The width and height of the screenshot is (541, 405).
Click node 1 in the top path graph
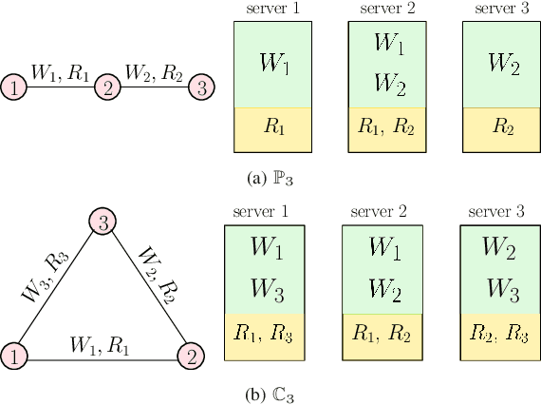click(x=15, y=89)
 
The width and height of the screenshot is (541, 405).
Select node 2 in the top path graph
click(x=108, y=89)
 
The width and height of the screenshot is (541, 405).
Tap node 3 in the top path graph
click(x=201, y=89)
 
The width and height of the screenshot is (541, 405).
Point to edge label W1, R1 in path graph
click(x=62, y=71)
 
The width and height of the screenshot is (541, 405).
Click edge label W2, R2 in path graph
click(x=155, y=71)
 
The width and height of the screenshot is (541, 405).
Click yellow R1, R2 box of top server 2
click(x=387, y=130)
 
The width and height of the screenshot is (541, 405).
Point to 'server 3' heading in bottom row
click(x=500, y=211)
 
